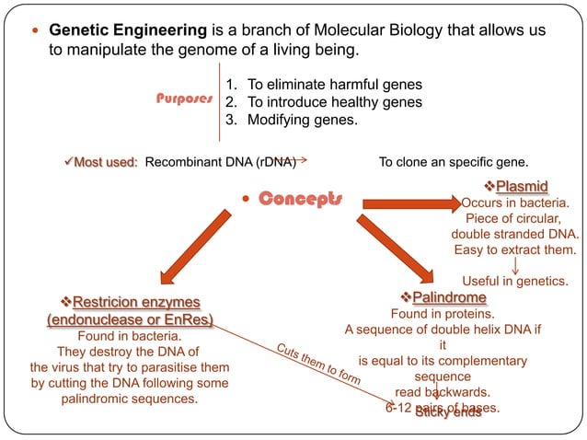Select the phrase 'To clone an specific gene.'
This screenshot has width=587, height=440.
coord(454,163)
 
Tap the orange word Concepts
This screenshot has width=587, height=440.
coord(300,198)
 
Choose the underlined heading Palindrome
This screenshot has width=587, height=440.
coord(449,298)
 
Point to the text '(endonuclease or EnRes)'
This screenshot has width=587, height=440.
coord(130,319)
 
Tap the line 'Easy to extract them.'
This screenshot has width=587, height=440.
coord(515,249)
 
